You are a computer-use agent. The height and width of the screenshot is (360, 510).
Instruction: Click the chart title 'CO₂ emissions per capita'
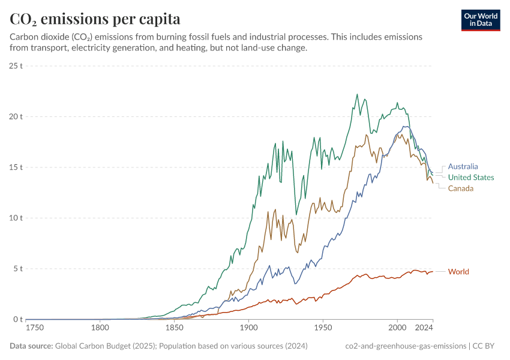(95, 19)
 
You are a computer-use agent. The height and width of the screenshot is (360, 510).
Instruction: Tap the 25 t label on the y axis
(16, 66)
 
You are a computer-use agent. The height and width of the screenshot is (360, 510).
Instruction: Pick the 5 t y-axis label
(17, 269)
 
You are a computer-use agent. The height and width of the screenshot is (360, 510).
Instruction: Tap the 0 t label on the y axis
(17, 319)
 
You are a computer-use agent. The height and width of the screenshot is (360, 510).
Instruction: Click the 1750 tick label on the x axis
(36, 328)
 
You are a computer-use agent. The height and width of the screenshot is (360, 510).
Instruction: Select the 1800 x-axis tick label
(100, 328)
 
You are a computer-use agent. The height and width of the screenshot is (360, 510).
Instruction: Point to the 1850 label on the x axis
(175, 328)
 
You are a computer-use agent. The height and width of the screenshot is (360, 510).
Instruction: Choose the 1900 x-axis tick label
(248, 328)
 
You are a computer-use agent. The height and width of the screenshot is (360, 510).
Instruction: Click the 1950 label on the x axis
(323, 328)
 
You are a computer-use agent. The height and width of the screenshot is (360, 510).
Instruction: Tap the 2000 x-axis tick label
(397, 328)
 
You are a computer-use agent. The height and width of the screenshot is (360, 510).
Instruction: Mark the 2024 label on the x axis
(424, 328)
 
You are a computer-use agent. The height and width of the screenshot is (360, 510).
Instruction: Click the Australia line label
(463, 167)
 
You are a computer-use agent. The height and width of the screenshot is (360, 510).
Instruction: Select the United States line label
(471, 178)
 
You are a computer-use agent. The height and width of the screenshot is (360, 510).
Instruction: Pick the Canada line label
(461, 188)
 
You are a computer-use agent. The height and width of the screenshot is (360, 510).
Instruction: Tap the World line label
(458, 272)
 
